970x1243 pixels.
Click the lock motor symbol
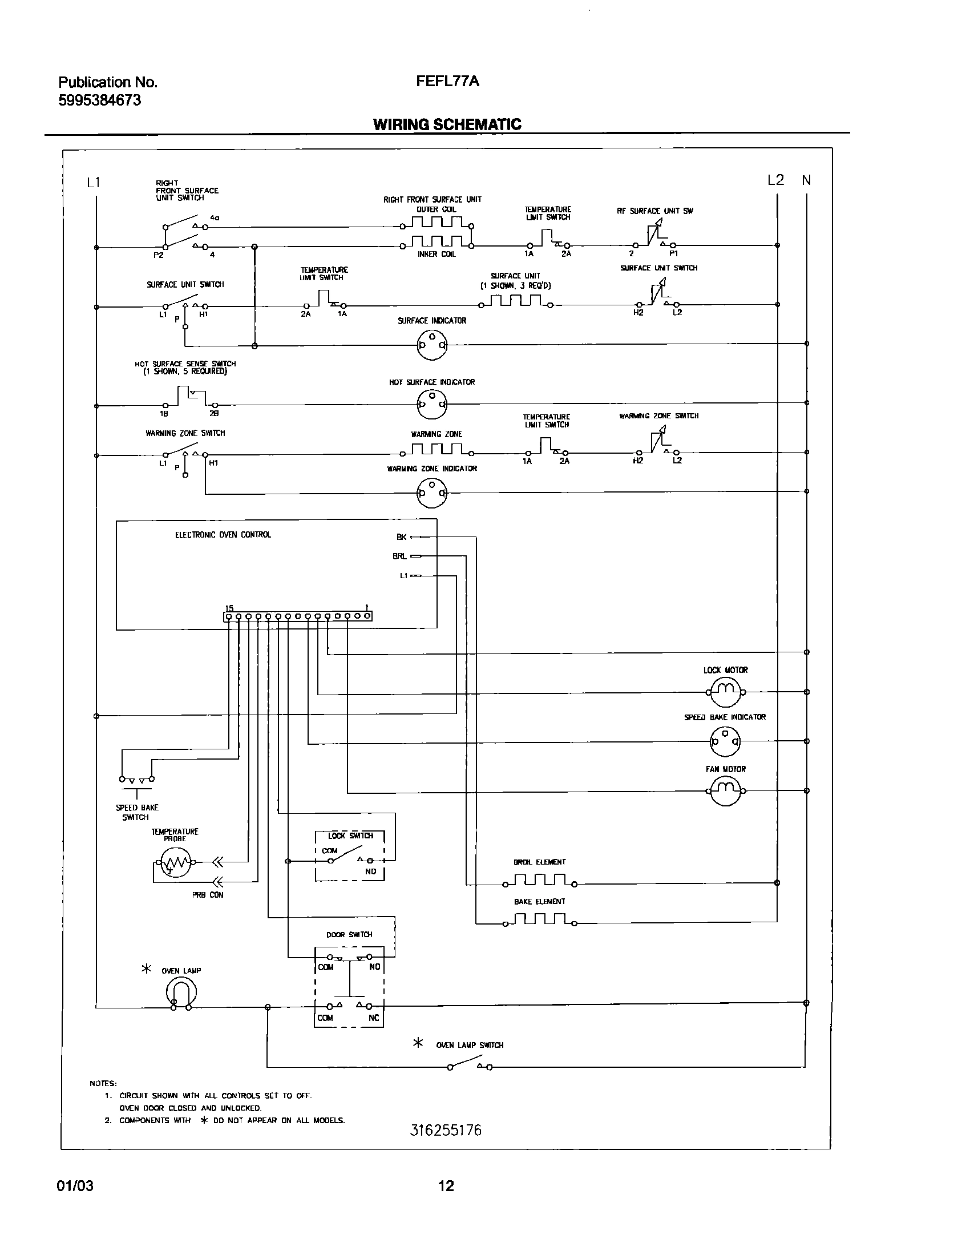[x=725, y=692]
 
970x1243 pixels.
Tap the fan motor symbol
[x=725, y=791]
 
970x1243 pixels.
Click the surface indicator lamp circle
[x=432, y=345]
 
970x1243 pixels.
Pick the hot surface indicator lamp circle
[x=432, y=405]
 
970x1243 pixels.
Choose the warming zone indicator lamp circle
[x=432, y=492]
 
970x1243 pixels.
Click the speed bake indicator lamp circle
[x=725, y=742]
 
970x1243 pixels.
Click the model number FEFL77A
[x=447, y=82]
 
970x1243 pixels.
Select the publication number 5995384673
[x=100, y=101]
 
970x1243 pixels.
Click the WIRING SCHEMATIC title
[x=447, y=124]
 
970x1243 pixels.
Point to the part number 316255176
[x=446, y=1131]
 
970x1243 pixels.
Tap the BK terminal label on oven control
[x=402, y=537]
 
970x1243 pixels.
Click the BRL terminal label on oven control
[x=399, y=556]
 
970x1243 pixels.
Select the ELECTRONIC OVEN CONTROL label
[x=223, y=535]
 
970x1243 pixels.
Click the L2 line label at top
[x=775, y=180]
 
